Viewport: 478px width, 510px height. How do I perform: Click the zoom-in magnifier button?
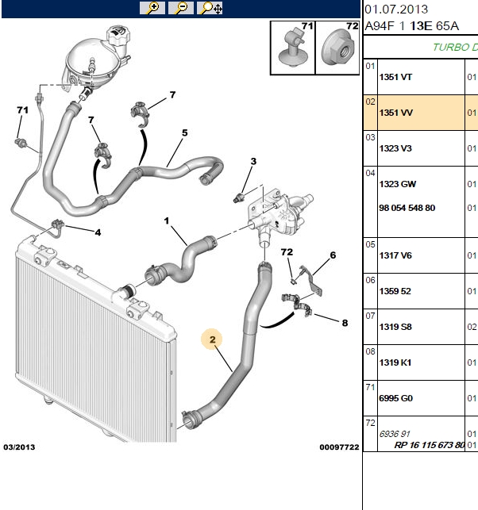tap(152, 7)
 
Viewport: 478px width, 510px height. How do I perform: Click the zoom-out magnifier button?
tap(181, 7)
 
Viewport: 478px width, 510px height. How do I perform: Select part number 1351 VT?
tap(395, 77)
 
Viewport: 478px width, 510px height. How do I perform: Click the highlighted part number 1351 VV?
tap(395, 113)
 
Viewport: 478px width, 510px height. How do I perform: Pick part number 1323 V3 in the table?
tap(395, 148)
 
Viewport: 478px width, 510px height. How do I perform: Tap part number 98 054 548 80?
tap(407, 208)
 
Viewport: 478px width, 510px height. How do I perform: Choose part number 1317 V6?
tap(395, 255)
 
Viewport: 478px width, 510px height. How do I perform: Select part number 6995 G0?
tap(395, 398)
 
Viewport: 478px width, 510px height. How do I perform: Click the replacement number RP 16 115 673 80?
tap(430, 445)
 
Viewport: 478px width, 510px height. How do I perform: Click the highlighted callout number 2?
tap(212, 339)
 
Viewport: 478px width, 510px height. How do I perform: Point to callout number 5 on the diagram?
tap(185, 132)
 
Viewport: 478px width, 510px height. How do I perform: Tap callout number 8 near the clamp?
tap(345, 323)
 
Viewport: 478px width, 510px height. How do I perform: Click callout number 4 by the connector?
tap(98, 232)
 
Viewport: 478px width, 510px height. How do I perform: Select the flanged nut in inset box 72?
tap(337, 48)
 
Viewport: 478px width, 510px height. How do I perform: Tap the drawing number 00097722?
tap(339, 447)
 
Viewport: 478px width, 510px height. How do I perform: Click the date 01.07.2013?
tap(396, 9)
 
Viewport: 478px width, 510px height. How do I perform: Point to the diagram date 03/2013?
tap(19, 447)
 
